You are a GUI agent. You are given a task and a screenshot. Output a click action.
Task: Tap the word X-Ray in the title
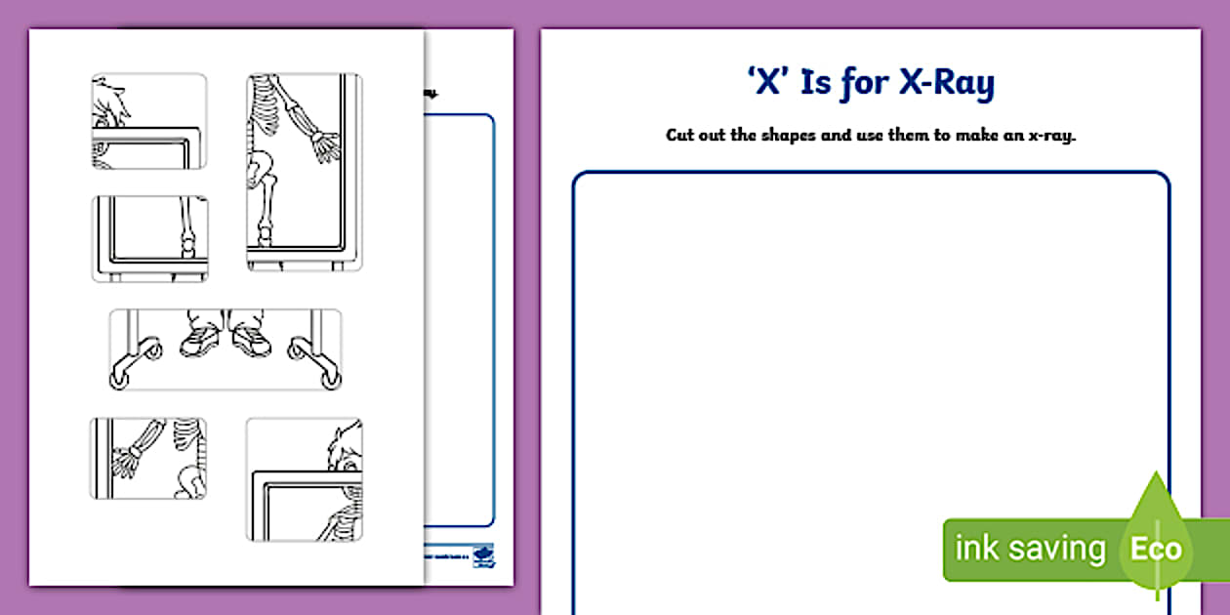pos(947,84)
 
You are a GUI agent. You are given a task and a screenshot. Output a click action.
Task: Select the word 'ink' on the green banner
pos(976,549)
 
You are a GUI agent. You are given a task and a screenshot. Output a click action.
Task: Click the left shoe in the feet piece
pos(200,340)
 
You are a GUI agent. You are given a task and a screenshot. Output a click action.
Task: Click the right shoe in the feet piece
pos(250,340)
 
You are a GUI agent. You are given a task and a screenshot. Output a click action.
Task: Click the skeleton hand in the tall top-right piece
pos(322,145)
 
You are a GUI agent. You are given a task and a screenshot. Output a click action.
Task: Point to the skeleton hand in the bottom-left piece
pos(125,459)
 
